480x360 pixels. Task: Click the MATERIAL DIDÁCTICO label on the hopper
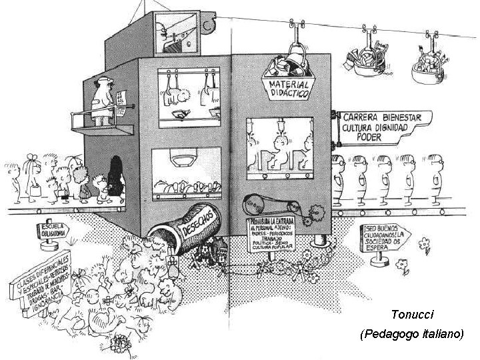[289, 89]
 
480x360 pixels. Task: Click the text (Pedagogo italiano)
[411, 333]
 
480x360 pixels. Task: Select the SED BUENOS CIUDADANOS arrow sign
[383, 237]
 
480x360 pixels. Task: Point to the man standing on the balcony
[102, 100]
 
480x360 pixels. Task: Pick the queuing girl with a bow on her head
[31, 175]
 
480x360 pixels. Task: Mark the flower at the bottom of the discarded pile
[121, 342]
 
